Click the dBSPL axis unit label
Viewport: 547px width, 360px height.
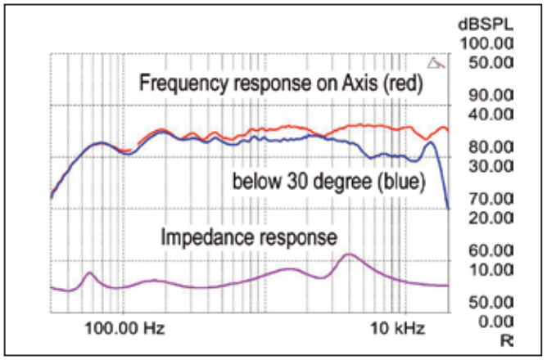point(485,24)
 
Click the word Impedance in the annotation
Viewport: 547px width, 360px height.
point(200,238)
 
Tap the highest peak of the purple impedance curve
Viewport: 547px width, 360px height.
point(350,255)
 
